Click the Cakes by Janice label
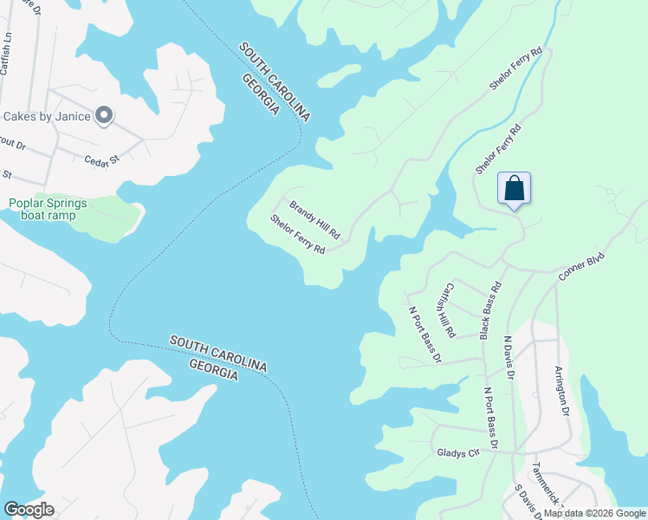coord(47,116)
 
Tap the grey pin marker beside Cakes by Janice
coord(104,115)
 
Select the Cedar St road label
coord(100,159)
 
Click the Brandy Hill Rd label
coord(314,220)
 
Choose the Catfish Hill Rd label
coord(449,309)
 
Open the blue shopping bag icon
coord(514,187)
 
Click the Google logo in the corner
coord(29,510)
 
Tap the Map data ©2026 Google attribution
coord(595,514)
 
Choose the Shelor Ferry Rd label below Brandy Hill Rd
coord(297,234)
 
